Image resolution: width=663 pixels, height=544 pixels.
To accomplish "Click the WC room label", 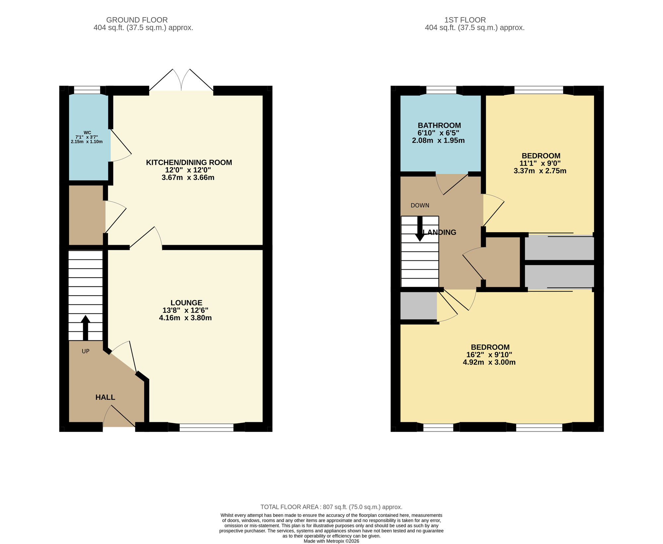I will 87,133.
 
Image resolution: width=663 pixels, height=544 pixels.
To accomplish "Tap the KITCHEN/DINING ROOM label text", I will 189,163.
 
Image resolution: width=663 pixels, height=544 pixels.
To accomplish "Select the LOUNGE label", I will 186,303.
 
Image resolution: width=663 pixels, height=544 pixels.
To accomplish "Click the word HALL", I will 105,397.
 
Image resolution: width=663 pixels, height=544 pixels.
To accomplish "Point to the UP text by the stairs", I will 86,351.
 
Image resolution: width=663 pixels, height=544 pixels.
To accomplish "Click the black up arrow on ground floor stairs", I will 86,327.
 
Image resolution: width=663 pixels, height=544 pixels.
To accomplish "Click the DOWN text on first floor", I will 420,205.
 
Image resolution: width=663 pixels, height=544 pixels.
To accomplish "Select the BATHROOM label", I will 439,125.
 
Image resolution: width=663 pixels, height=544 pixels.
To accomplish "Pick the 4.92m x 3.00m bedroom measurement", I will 489,362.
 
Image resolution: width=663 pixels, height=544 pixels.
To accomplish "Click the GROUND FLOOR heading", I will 137,20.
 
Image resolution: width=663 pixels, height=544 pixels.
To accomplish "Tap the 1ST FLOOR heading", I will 465,20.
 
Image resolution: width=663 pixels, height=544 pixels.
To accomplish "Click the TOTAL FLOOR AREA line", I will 331,507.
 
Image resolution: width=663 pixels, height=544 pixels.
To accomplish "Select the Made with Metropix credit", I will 331,541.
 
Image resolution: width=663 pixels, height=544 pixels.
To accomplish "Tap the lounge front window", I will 206,427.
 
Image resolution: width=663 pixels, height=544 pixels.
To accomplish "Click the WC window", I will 87,90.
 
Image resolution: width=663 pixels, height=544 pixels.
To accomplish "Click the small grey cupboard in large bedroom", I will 418,306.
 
